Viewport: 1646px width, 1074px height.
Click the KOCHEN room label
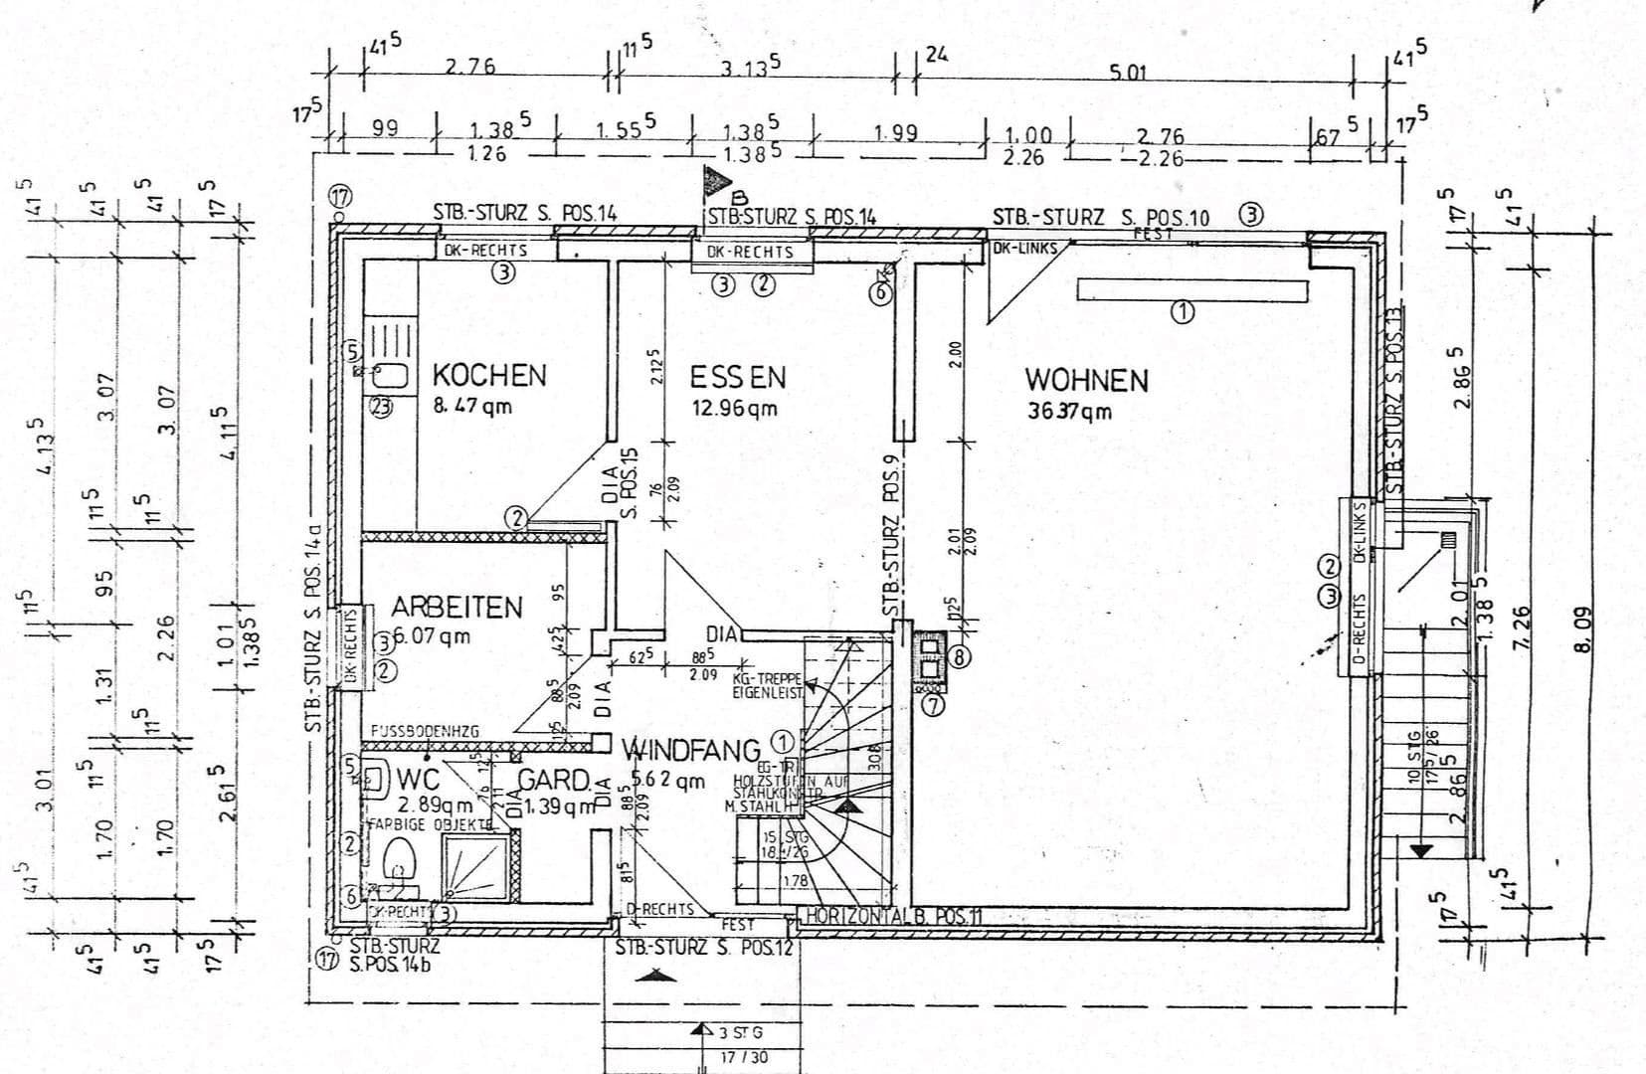coord(489,376)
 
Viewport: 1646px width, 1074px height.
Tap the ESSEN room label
coord(738,378)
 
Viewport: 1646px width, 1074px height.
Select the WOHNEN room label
coord(1086,381)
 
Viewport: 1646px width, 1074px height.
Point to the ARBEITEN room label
coord(457,607)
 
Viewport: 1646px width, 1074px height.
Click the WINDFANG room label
coord(691,750)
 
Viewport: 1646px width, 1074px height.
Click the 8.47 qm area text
coord(471,406)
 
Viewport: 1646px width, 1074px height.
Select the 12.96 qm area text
coord(734,408)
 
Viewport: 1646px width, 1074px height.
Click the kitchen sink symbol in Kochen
coord(390,376)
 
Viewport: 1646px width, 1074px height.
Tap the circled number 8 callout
coord(959,656)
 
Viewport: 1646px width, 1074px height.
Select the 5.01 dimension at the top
coord(1128,72)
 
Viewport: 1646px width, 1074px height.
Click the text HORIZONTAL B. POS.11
coord(893,916)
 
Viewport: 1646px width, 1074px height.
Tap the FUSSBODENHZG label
coord(425,731)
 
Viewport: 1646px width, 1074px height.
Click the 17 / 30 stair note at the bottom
coord(743,1057)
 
